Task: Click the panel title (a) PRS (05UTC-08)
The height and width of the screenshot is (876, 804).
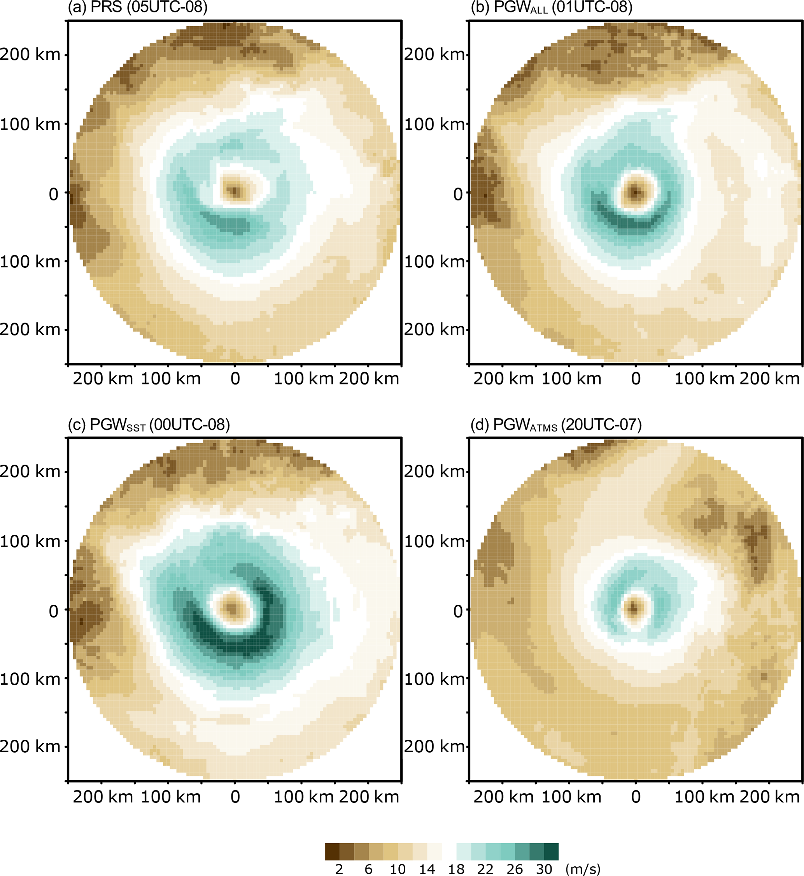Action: pyautogui.click(x=137, y=7)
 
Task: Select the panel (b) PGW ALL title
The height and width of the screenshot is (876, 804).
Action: pyautogui.click(x=551, y=7)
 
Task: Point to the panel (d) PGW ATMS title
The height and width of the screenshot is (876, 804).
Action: pyautogui.click(x=556, y=424)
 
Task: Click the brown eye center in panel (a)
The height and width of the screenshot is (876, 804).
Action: pyautogui.click(x=235, y=191)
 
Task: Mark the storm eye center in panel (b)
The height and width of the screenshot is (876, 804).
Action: pyautogui.click(x=636, y=191)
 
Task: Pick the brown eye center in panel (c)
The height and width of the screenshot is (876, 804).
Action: pyautogui.click(x=233, y=608)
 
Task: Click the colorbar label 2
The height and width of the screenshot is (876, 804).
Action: pyautogui.click(x=339, y=869)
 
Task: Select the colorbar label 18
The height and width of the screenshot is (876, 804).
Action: pyautogui.click(x=456, y=869)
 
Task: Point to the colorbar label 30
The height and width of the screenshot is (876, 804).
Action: pyautogui.click(x=544, y=869)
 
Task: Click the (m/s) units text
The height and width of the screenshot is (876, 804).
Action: pyautogui.click(x=583, y=869)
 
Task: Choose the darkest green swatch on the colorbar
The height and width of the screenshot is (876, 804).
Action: pyautogui.click(x=551, y=851)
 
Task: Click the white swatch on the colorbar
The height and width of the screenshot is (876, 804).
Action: pyautogui.click(x=449, y=851)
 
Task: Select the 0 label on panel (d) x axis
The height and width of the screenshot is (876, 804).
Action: pyautogui.click(x=636, y=797)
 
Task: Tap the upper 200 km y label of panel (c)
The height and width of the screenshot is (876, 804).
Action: pyautogui.click(x=30, y=471)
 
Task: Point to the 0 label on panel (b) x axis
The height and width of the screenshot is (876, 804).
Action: pyautogui.click(x=636, y=379)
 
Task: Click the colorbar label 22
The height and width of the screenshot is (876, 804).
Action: pyautogui.click(x=485, y=869)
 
